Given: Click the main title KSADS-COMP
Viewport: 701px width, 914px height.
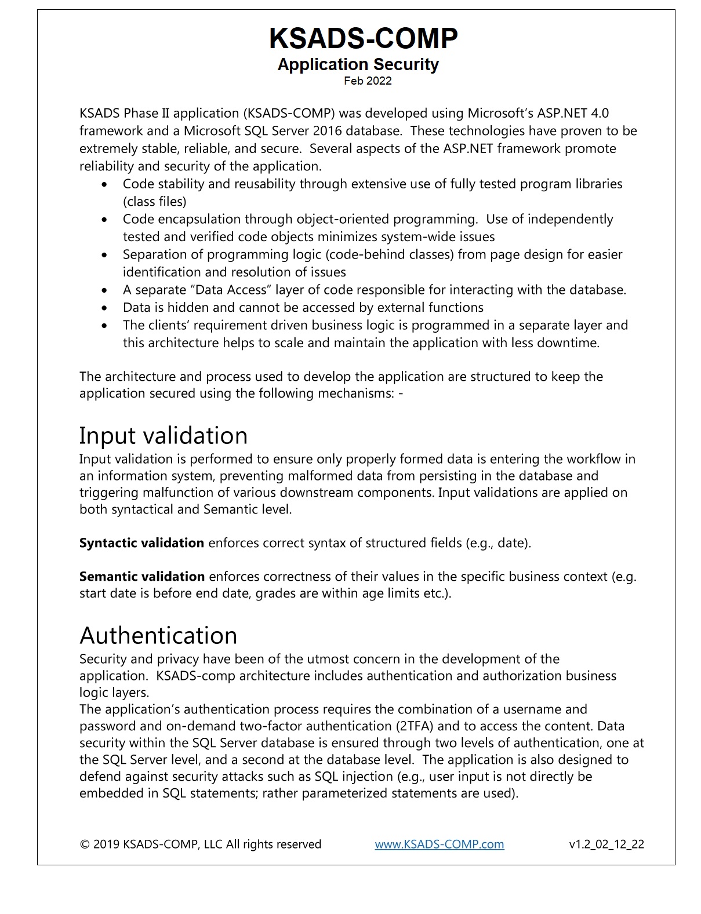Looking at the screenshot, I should pyautogui.click(x=363, y=38).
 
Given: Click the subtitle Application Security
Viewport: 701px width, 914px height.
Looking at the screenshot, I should pyautogui.click(x=358, y=64).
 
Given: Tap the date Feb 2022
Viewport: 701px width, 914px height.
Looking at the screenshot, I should pyautogui.click(x=368, y=81).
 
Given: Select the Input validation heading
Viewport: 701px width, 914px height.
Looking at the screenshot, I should pyautogui.click(x=163, y=435).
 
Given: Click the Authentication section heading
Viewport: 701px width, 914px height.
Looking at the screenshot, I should pyautogui.click(x=158, y=635).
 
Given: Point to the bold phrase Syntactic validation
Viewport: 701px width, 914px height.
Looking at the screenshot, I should pyautogui.click(x=141, y=543).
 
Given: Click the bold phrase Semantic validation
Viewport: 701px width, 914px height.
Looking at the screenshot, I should pyautogui.click(x=142, y=577).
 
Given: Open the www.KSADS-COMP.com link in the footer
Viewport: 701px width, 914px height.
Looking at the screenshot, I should pyautogui.click(x=439, y=844).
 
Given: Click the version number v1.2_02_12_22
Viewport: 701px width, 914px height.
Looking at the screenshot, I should pyautogui.click(x=606, y=844).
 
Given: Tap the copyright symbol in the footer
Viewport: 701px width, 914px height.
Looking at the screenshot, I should pyautogui.click(x=84, y=844).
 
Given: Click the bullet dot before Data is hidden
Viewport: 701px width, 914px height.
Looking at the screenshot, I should pyautogui.click(x=104, y=308).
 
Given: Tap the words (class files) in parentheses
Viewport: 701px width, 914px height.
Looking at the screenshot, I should pyautogui.click(x=154, y=202).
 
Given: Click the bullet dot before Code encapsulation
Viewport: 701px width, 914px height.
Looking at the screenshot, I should pyautogui.click(x=104, y=220).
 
